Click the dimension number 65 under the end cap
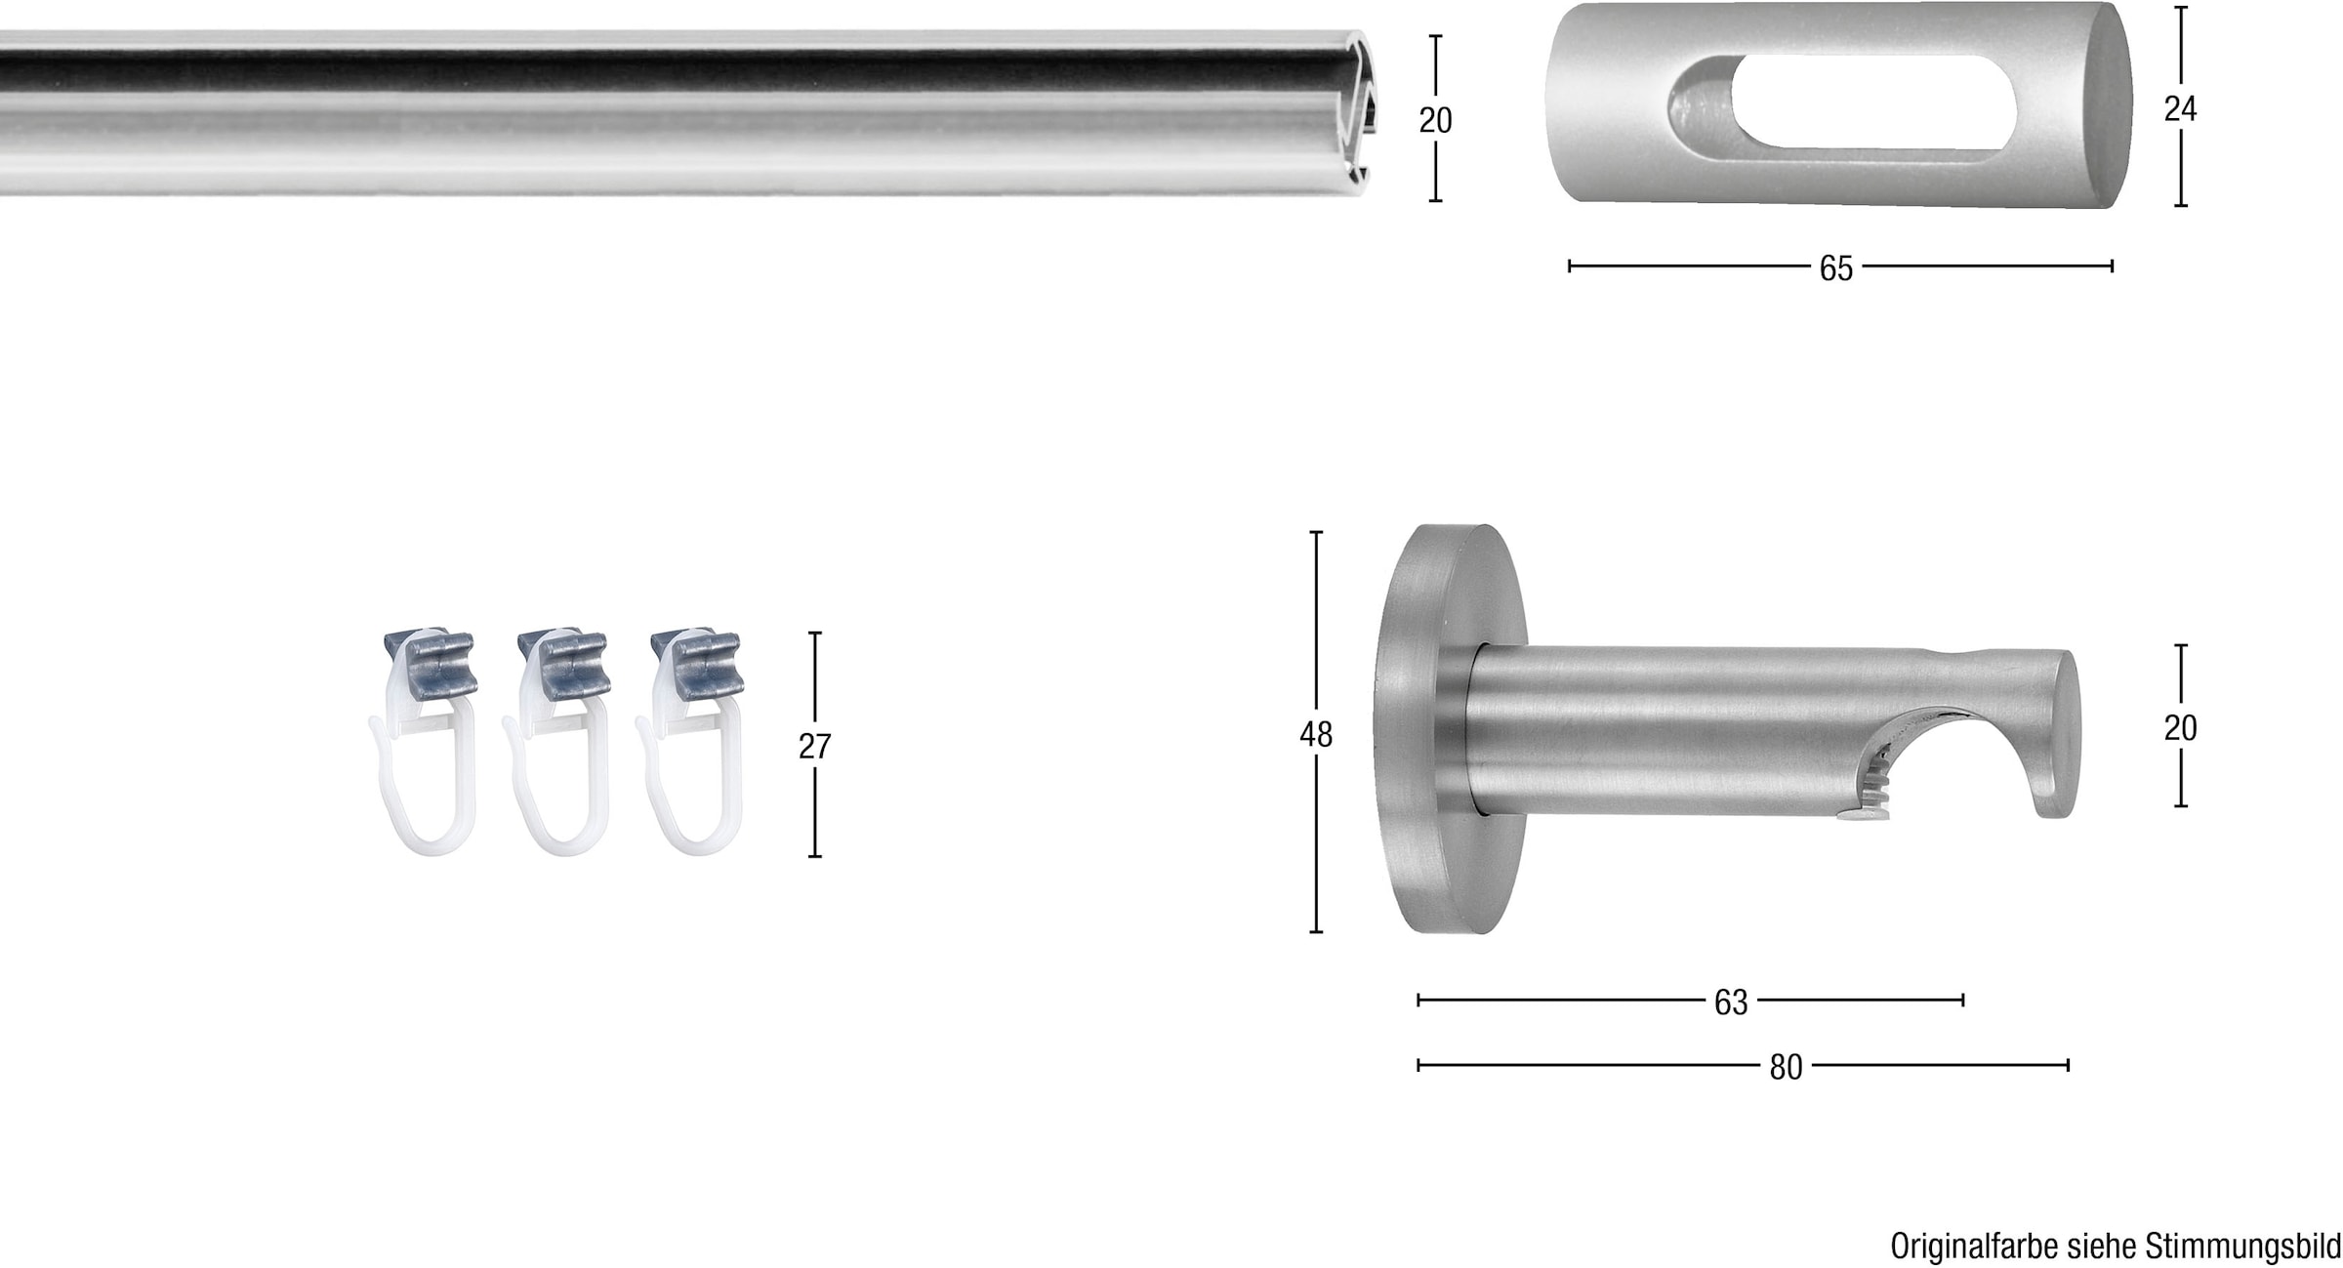(x=1835, y=268)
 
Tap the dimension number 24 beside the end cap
(x=2180, y=109)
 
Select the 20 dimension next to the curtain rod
(x=1435, y=120)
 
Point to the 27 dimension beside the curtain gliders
(x=814, y=747)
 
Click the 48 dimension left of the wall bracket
(x=1315, y=735)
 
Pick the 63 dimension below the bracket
(x=1731, y=1002)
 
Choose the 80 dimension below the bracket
(x=1786, y=1068)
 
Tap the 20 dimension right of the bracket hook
(x=2180, y=728)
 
